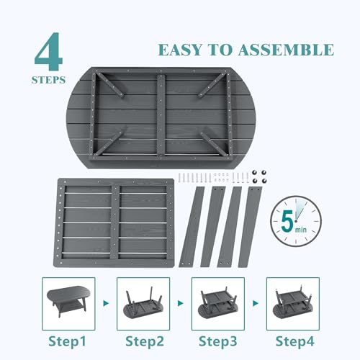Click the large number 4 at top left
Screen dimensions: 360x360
[x=49, y=52]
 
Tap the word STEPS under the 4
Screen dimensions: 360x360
[x=48, y=80]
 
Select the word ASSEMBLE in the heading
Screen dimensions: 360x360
[x=286, y=50]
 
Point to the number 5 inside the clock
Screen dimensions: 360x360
[x=287, y=221]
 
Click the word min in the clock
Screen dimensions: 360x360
[x=301, y=230]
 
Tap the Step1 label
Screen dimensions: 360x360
[x=67, y=341]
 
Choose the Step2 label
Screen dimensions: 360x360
[x=145, y=341]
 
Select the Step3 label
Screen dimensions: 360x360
[x=218, y=341]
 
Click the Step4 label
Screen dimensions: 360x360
[x=294, y=341]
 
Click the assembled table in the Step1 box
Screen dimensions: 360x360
[x=68, y=300]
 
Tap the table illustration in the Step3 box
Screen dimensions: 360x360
[x=218, y=302]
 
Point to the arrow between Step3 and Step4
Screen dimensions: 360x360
[x=256, y=303]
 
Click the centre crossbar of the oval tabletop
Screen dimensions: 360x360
[x=161, y=116]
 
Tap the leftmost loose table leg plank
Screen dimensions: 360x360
[x=192, y=226]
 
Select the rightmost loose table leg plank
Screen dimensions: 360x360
[x=250, y=227]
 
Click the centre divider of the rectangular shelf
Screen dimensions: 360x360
[x=115, y=222]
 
